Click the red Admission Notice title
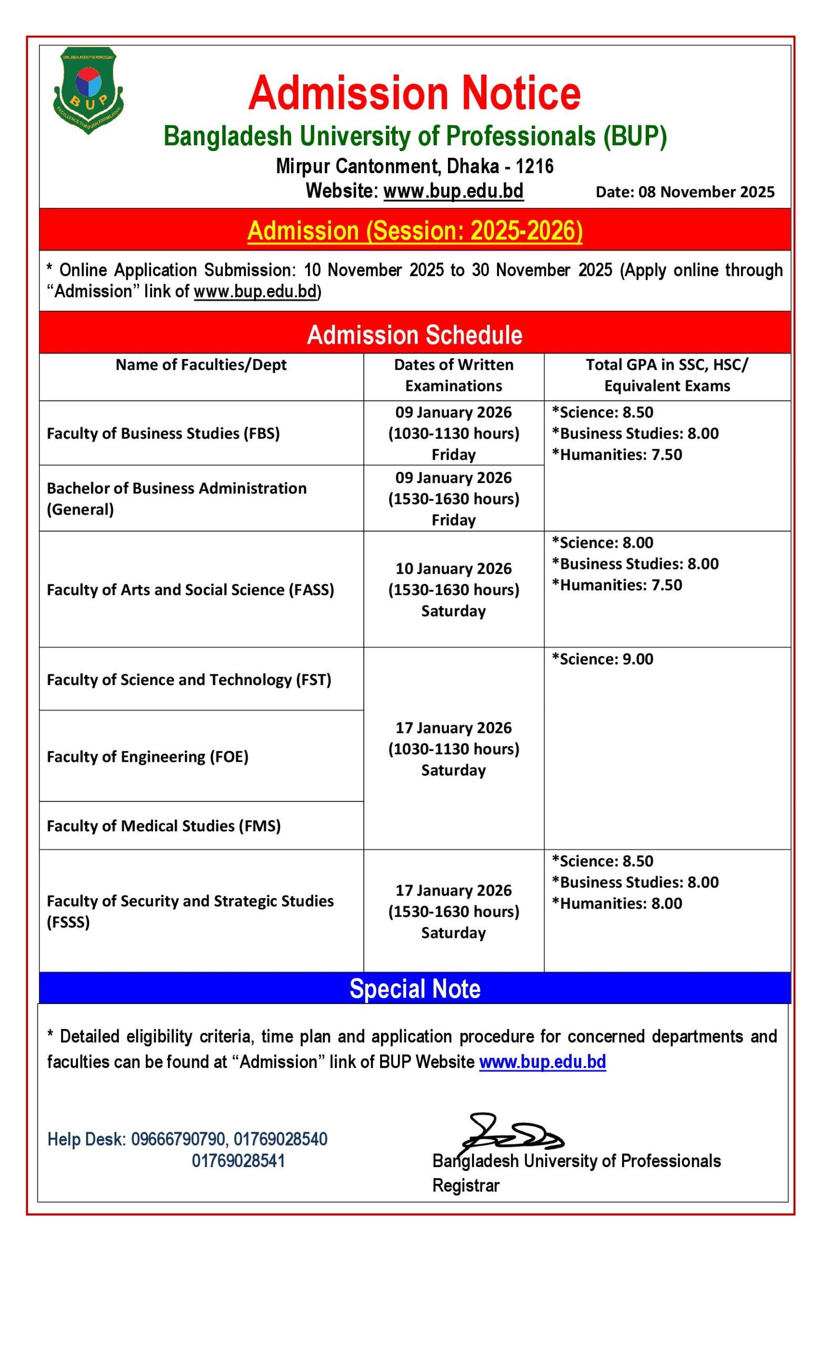tap(414, 94)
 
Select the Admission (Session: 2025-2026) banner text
tap(414, 230)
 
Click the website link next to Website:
tap(453, 191)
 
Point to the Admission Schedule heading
tap(414, 335)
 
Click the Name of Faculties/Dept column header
tap(201, 365)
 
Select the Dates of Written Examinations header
tap(453, 375)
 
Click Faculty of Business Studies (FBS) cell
tap(163, 434)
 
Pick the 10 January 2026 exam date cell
tap(453, 589)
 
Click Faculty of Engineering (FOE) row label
tap(147, 757)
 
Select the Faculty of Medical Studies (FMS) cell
tap(164, 826)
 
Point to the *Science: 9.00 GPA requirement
tap(602, 659)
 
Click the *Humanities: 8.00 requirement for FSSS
tap(617, 903)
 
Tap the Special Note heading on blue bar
tap(414, 988)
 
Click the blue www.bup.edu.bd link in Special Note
tap(542, 1062)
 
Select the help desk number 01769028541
tap(238, 1161)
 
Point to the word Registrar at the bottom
tap(465, 1185)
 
